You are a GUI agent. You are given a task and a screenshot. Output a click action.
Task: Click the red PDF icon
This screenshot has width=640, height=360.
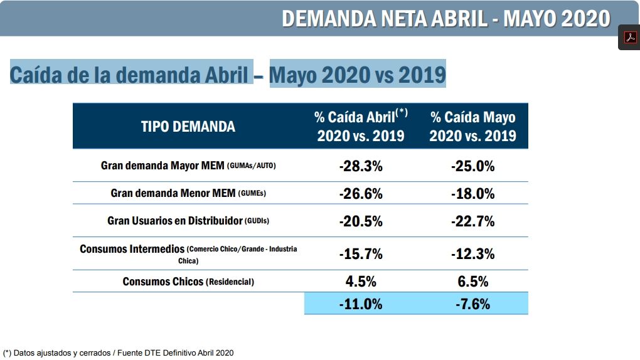pyautogui.click(x=629, y=38)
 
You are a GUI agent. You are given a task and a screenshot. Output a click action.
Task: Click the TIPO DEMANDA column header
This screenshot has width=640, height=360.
pyautogui.click(x=188, y=126)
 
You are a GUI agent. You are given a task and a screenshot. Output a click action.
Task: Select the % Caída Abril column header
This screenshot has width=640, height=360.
pyautogui.click(x=361, y=126)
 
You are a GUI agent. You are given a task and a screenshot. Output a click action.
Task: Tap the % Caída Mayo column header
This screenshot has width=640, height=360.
pyautogui.click(x=472, y=126)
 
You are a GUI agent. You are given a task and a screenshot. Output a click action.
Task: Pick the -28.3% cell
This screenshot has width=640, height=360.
pyautogui.click(x=361, y=166)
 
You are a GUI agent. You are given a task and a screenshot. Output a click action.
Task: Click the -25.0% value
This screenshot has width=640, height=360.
pyautogui.click(x=472, y=166)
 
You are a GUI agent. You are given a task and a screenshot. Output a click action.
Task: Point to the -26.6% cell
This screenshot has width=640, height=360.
pyautogui.click(x=361, y=194)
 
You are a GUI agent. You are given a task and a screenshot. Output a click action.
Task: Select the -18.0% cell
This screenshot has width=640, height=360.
pyautogui.click(x=472, y=194)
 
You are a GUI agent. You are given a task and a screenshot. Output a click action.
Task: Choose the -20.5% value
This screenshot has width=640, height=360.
pyautogui.click(x=361, y=221)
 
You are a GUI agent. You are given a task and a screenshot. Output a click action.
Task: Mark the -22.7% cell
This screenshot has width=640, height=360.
pyautogui.click(x=472, y=221)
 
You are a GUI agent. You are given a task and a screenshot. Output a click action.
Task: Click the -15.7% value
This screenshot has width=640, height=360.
pyautogui.click(x=361, y=254)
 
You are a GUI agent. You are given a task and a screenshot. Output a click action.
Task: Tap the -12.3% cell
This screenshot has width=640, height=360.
pyautogui.click(x=472, y=254)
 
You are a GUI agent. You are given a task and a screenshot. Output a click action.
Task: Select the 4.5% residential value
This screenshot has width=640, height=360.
pyautogui.click(x=361, y=281)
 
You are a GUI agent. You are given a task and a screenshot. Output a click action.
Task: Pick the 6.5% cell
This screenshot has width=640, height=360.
pyautogui.click(x=472, y=281)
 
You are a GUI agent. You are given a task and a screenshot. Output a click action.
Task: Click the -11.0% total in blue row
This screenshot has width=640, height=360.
pyautogui.click(x=361, y=304)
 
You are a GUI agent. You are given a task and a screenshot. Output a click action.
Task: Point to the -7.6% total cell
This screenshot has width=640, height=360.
pyautogui.click(x=472, y=304)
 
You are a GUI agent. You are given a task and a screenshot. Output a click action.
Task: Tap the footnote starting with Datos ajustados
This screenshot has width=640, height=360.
pyautogui.click(x=119, y=353)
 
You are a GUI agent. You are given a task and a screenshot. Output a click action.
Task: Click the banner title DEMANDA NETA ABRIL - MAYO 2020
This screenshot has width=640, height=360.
pyautogui.click(x=445, y=18)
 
